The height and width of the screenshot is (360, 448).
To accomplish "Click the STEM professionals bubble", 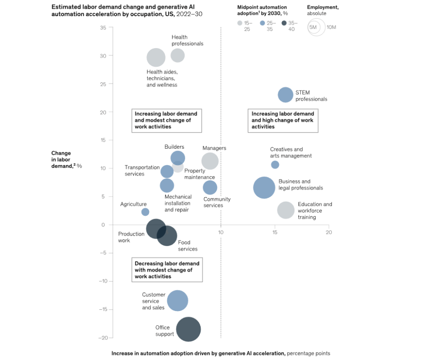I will [285, 95].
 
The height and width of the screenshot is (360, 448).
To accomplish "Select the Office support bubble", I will [188, 329].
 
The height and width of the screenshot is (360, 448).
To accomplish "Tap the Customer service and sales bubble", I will [177, 301].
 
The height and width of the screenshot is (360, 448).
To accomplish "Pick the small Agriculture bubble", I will [145, 212].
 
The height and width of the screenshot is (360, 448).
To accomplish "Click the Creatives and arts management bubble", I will [275, 165].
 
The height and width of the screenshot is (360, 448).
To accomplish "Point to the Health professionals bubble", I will [177, 55].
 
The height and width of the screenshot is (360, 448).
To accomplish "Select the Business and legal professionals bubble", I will [264, 188].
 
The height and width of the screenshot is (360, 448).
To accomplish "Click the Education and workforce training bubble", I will [286, 210].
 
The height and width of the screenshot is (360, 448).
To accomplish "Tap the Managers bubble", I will [210, 161].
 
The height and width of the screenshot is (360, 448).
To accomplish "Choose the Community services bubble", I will [210, 187].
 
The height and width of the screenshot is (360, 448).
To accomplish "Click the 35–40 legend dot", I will [284, 23].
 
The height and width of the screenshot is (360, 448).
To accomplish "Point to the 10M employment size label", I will [331, 27].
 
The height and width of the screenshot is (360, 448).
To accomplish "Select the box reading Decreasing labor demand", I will [167, 270].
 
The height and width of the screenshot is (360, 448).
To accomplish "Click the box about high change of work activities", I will [283, 120].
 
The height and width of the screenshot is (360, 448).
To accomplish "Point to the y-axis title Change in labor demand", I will [64, 159].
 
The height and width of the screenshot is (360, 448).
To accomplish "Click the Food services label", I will [187, 246].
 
